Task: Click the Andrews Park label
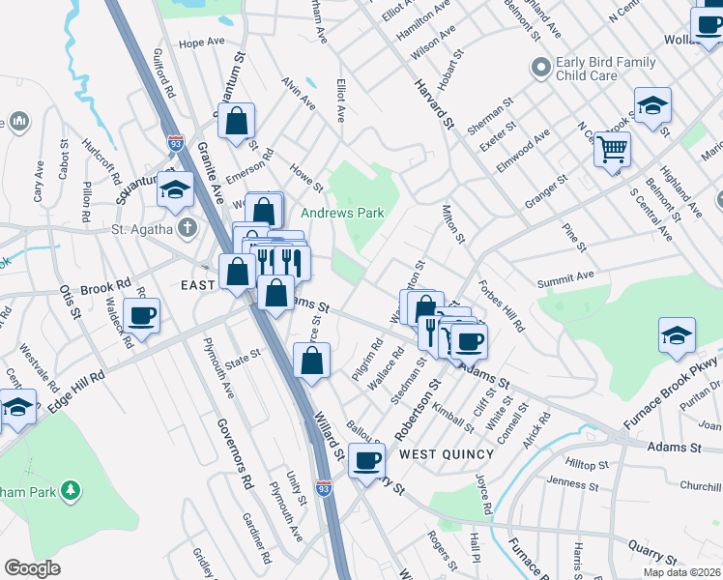[x=342, y=213]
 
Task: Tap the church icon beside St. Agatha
[x=188, y=229]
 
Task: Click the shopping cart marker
[x=612, y=149]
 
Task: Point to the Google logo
[x=33, y=568]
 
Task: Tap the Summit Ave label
[x=565, y=280]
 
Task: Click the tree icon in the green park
[x=70, y=491]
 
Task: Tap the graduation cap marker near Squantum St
[x=175, y=190]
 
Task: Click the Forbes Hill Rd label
[x=501, y=306]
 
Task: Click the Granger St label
[x=546, y=185]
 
